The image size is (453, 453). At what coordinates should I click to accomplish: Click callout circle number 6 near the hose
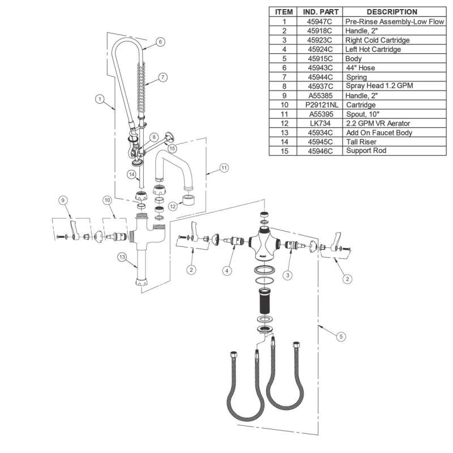161,41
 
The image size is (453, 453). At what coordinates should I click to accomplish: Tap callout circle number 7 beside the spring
162,77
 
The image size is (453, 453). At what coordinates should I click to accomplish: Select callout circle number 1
100,99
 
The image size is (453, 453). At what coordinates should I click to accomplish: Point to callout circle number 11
224,168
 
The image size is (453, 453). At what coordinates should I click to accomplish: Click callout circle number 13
122,257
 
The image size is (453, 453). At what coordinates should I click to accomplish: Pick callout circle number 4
227,271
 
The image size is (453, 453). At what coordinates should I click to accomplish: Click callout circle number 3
288,275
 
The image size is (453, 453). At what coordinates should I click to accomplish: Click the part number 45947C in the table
318,22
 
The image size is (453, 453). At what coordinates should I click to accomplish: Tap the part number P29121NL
318,105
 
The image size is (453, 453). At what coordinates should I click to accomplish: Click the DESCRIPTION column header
391,12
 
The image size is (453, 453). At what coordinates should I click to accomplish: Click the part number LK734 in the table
318,123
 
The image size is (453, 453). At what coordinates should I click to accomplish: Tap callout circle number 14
131,175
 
